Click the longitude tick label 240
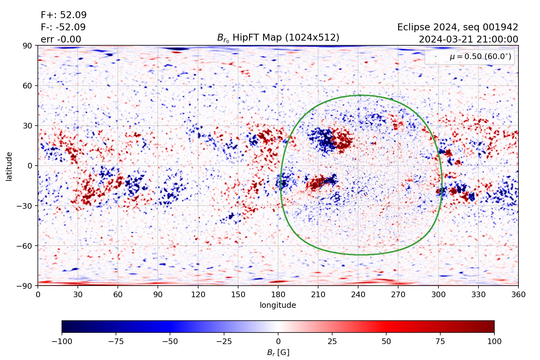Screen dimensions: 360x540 (358, 295)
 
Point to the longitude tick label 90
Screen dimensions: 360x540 (158, 295)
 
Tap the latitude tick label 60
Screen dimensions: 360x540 (27, 86)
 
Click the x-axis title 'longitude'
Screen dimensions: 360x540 (278, 305)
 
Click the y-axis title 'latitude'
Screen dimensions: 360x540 (9, 166)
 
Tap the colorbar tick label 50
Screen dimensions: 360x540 (386, 342)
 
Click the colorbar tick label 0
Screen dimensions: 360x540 (278, 342)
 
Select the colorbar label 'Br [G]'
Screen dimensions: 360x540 (278, 352)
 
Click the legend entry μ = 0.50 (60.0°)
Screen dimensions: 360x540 (480, 57)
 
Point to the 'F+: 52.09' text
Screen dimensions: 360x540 (64, 15)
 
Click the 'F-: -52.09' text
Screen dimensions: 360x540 (63, 27)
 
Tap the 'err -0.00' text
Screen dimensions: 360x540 (61, 39)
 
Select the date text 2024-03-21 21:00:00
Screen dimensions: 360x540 (468, 39)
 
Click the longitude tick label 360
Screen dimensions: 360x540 (518, 295)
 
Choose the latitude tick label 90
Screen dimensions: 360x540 (27, 46)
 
